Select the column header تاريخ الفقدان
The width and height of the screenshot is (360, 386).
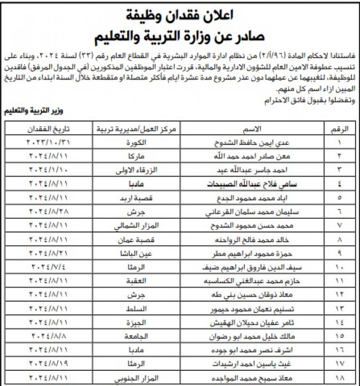click(49, 129)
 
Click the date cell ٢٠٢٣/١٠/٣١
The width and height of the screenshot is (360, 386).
click(49, 143)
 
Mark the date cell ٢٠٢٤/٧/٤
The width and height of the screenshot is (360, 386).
click(49, 268)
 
